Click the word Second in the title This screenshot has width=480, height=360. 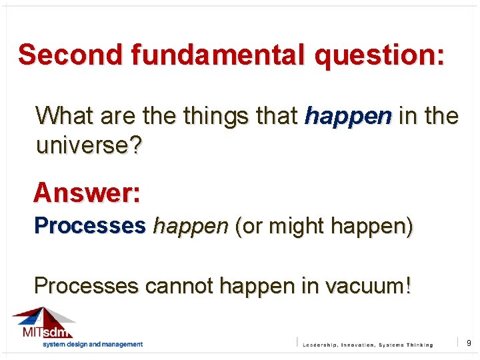(71, 55)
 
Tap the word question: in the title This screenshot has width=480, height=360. (379, 55)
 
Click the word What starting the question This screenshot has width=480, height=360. (65, 116)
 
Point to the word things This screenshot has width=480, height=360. (216, 116)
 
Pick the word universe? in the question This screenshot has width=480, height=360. (89, 145)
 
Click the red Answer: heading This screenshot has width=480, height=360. (87, 193)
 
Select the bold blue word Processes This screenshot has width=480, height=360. (90, 226)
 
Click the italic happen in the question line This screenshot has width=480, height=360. (348, 116)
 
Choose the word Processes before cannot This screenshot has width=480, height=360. (87, 286)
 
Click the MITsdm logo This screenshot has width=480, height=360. (45, 324)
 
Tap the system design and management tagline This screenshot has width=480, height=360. (93, 344)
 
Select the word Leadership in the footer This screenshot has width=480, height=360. (325, 345)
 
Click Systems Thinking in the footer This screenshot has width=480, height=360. (406, 345)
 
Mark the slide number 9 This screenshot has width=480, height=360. (469, 343)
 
